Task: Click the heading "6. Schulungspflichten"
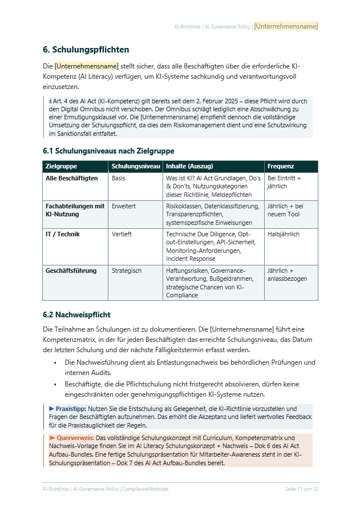pyautogui.click(x=86, y=50)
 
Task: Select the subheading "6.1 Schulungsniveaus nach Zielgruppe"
pyautogui.click(x=108, y=151)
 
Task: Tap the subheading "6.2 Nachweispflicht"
pyautogui.click(x=76, y=315)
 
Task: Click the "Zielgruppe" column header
pyautogui.click(x=61, y=167)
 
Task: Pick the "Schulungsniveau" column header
pyautogui.click(x=136, y=167)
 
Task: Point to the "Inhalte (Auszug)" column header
pyautogui.click(x=189, y=167)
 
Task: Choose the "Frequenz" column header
pyautogui.click(x=281, y=167)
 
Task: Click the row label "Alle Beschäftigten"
pyautogui.click(x=71, y=178)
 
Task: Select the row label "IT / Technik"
pyautogui.click(x=63, y=234)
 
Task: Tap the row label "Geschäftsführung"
pyautogui.click(x=71, y=271)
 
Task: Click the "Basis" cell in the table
pyautogui.click(x=119, y=178)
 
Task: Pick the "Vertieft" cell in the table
pyautogui.click(x=122, y=234)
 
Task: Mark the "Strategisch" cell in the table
pyautogui.click(x=127, y=271)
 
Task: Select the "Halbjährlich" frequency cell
pyautogui.click(x=284, y=234)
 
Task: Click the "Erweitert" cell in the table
pyautogui.click(x=124, y=206)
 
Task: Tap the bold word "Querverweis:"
pyautogui.click(x=71, y=437)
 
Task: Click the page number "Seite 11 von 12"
pyautogui.click(x=301, y=489)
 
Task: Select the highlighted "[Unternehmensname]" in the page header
pyautogui.click(x=286, y=26)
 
